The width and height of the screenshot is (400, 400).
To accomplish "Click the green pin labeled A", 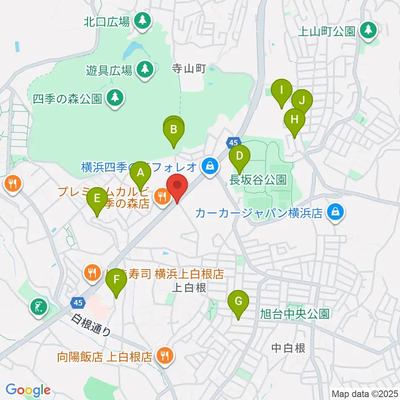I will [140, 173].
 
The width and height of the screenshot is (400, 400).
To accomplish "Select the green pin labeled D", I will [240, 157].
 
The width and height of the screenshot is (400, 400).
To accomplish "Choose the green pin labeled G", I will [238, 301].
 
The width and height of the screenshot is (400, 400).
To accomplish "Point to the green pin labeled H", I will [295, 120].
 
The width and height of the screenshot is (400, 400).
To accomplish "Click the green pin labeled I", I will [281, 90].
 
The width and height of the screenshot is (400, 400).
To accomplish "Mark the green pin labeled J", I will [302, 100].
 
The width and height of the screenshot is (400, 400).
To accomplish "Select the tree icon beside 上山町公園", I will [368, 30].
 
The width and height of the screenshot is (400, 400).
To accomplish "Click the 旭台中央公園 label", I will [295, 313].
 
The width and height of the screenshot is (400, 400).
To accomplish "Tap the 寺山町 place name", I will [190, 69].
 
